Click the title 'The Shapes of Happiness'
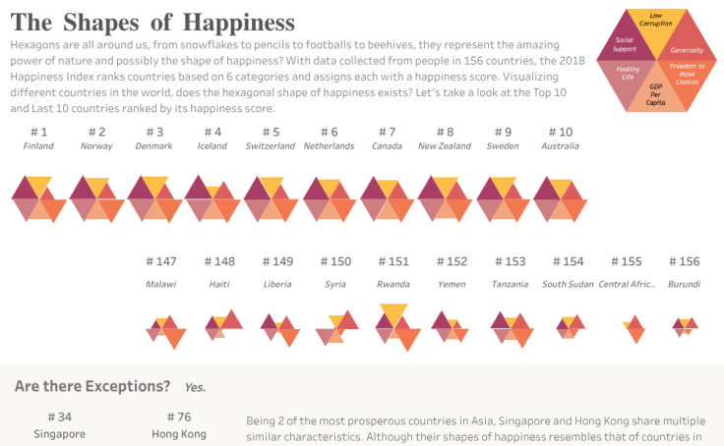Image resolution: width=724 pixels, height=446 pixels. [152, 22]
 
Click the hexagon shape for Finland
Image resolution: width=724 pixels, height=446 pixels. [38, 196]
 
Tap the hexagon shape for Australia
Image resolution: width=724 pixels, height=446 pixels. [560, 198]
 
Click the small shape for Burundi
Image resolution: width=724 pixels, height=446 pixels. [685, 324]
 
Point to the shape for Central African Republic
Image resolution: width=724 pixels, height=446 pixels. [633, 327]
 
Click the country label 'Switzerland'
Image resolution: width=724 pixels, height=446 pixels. [271, 146]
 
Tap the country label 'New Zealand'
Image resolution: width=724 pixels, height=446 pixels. [445, 146]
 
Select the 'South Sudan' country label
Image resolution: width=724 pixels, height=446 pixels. [569, 284]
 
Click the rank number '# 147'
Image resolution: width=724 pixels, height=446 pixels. [161, 261]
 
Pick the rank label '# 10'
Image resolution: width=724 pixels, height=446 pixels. [560, 132]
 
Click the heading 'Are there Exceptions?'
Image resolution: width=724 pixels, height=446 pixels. [92, 387]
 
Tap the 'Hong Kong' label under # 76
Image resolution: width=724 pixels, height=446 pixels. [179, 433]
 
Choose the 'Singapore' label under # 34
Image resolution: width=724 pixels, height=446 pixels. [59, 433]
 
